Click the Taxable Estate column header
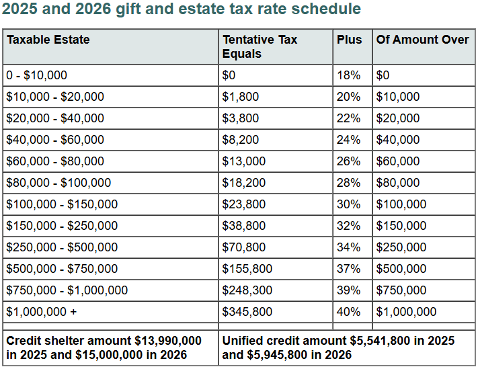pyautogui.click(x=48, y=40)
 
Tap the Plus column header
pyautogui.click(x=348, y=40)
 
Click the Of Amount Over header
pyautogui.click(x=423, y=40)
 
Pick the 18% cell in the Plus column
pyautogui.click(x=348, y=75)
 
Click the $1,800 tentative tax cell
pyautogui.click(x=241, y=97)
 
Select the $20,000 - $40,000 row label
pyautogui.click(x=55, y=118)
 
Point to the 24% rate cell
pyautogui.click(x=348, y=140)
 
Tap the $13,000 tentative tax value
pyautogui.click(x=243, y=161)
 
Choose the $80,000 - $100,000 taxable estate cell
pyautogui.click(x=58, y=183)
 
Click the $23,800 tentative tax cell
pyautogui.click(x=243, y=204)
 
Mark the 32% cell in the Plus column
pyautogui.click(x=348, y=226)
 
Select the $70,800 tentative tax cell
pyautogui.click(x=243, y=247)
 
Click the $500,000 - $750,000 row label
pyautogui.click(x=62, y=269)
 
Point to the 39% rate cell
pyautogui.click(x=348, y=290)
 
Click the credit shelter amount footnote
pyautogui.click(x=104, y=347)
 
